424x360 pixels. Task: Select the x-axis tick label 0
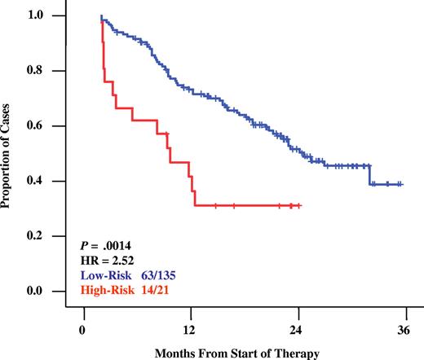[82, 331]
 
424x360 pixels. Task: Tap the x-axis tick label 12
[190, 331]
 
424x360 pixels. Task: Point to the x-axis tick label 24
[297, 331]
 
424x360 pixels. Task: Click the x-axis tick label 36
[404, 331]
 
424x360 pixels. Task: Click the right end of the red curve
[301, 205]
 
